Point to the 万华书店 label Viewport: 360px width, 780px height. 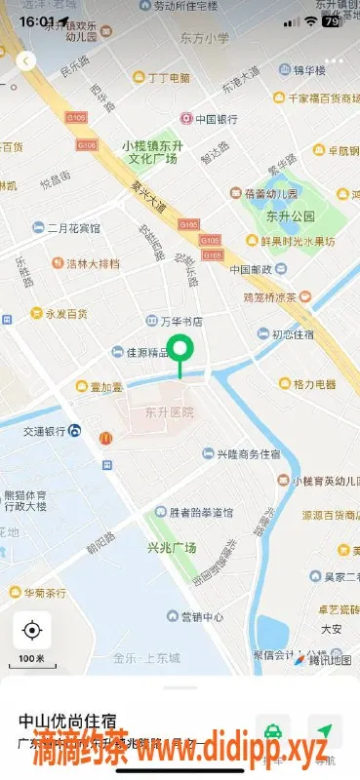pyautogui.click(x=180, y=321)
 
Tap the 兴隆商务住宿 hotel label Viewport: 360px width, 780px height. pyautogui.click(x=246, y=454)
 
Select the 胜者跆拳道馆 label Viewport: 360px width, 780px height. pyautogui.click(x=200, y=512)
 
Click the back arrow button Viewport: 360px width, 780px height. pyautogui.click(x=26, y=60)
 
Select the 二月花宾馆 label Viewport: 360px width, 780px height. pyautogui.click(x=73, y=228)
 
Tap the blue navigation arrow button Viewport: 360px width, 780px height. pyautogui.click(x=323, y=729)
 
